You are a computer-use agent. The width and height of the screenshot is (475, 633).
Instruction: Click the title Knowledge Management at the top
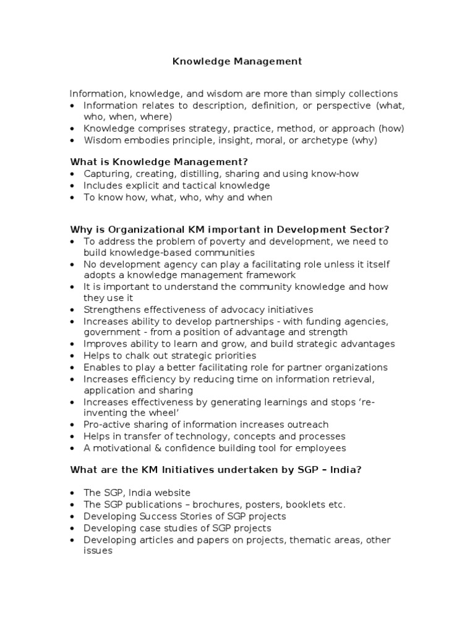tap(236, 61)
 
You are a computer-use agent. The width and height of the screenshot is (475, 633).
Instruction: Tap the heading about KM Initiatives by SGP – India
tap(215, 469)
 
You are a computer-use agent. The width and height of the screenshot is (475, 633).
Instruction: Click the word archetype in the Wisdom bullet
tap(323, 140)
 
